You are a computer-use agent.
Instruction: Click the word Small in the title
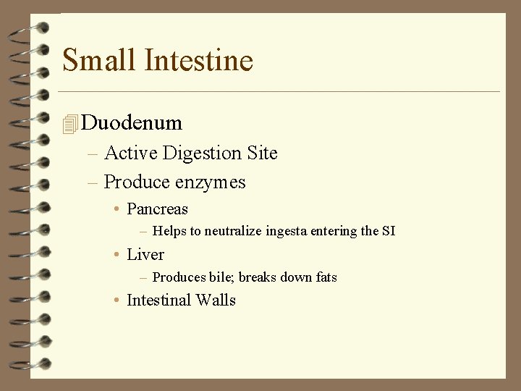(98, 59)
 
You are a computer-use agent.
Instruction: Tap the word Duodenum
(132, 122)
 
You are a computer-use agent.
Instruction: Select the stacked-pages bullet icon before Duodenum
(69, 124)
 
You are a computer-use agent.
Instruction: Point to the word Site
(260, 153)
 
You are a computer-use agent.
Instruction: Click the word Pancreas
(157, 209)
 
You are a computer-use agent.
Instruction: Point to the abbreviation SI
(388, 232)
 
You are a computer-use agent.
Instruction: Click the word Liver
(145, 255)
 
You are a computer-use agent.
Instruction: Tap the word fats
(325, 277)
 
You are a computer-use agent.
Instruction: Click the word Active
(131, 154)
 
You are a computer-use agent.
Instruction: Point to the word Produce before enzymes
(135, 182)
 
